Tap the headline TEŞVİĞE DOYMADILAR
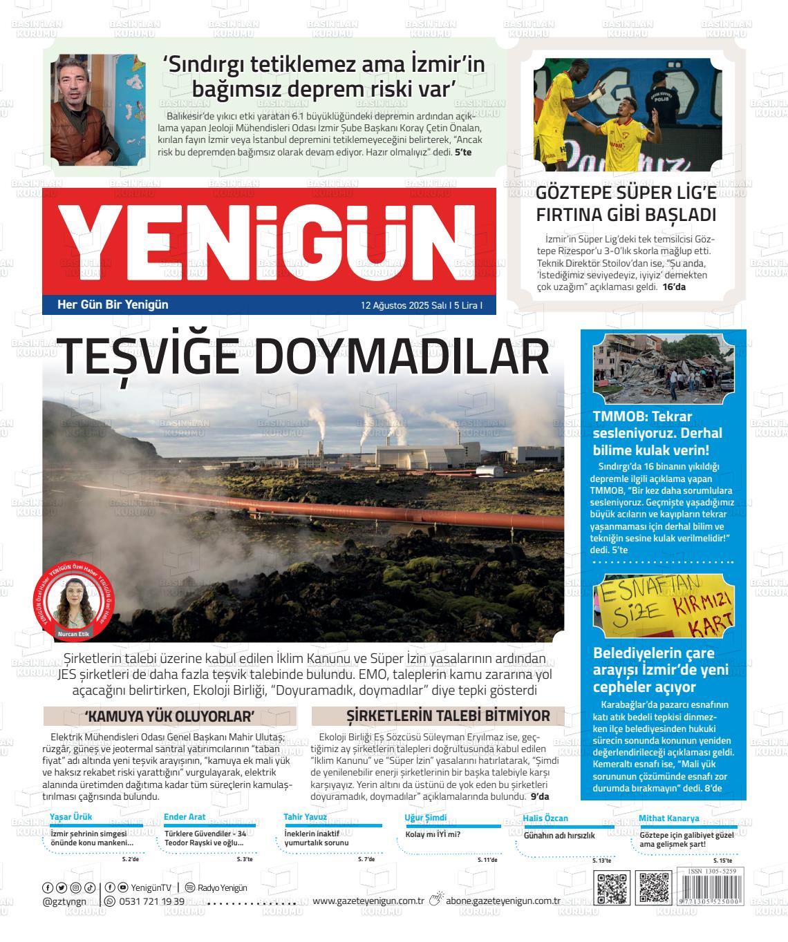(304, 358)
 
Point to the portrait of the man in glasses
(98, 108)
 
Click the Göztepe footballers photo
(628, 115)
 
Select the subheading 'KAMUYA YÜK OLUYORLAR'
(170, 715)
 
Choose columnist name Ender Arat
(185, 818)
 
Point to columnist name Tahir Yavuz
(305, 817)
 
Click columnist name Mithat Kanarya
(668, 818)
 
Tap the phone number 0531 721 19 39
(151, 901)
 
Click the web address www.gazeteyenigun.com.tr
(368, 901)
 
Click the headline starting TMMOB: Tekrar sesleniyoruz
(657, 433)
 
